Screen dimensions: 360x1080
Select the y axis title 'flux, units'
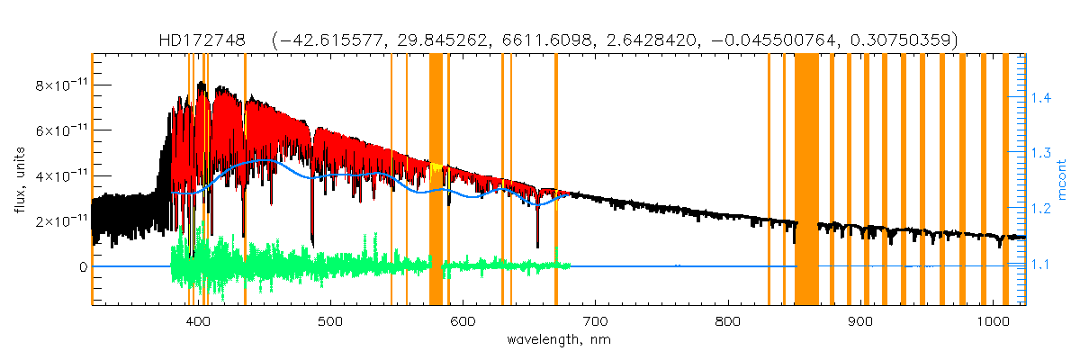[x=19, y=180]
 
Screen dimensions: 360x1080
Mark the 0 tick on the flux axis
[x=82, y=267]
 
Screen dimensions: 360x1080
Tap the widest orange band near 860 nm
[x=806, y=180]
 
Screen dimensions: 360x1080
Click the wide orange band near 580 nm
[x=436, y=180]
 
